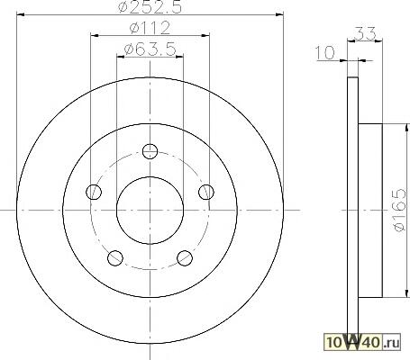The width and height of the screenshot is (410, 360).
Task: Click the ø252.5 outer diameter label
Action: [x=150, y=6]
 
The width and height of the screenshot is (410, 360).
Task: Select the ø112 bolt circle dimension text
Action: [x=150, y=28]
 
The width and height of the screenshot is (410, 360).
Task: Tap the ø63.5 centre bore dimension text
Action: [x=150, y=49]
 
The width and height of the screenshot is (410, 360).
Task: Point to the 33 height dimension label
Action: [x=365, y=33]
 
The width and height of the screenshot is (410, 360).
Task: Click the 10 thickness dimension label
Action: [x=324, y=53]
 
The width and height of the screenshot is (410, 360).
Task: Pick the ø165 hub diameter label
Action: [x=399, y=210]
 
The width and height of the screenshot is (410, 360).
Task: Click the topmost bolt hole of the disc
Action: [x=150, y=151]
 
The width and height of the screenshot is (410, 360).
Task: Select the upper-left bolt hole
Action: [x=94, y=192]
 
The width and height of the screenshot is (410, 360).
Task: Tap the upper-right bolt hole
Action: [x=206, y=192]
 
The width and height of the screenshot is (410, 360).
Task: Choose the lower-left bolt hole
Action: [x=115, y=257]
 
